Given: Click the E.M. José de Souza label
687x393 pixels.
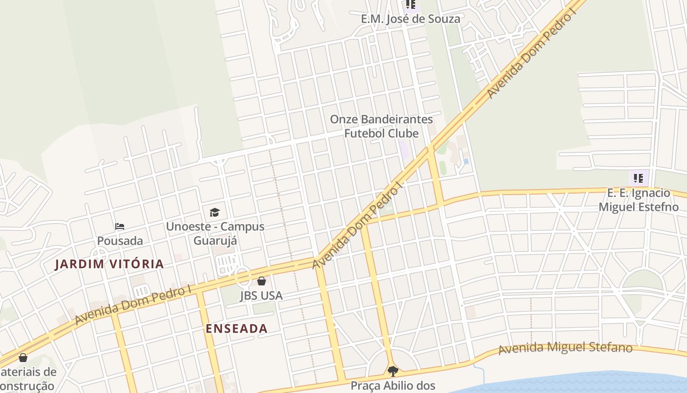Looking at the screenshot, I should (x=411, y=19).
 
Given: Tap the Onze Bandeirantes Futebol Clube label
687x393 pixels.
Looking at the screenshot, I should (x=381, y=126).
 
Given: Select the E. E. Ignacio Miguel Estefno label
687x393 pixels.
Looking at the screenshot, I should (x=638, y=200).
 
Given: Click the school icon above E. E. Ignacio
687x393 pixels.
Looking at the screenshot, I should (x=638, y=178).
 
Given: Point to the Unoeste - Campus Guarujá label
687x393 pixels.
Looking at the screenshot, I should (x=215, y=233).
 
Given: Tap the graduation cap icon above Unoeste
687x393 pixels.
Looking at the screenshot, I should (x=214, y=212).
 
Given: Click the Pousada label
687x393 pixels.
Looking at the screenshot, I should (x=120, y=241).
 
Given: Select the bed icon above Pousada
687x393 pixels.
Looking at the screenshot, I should (x=120, y=226).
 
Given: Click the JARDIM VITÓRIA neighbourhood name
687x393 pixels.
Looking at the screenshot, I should (x=109, y=264).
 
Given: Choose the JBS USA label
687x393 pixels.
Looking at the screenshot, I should (x=261, y=296).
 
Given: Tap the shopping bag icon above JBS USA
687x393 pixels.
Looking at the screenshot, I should (x=262, y=281).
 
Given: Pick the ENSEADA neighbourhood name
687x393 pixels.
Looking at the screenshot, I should (x=237, y=329).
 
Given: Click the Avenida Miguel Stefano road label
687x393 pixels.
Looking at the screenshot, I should (x=565, y=348).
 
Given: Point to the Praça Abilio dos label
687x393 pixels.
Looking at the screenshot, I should (x=393, y=386).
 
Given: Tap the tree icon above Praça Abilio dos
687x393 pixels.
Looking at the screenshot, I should (x=393, y=371).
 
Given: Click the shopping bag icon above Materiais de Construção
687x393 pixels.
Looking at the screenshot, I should (x=23, y=358).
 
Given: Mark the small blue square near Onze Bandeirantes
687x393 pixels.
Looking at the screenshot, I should (x=466, y=161).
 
